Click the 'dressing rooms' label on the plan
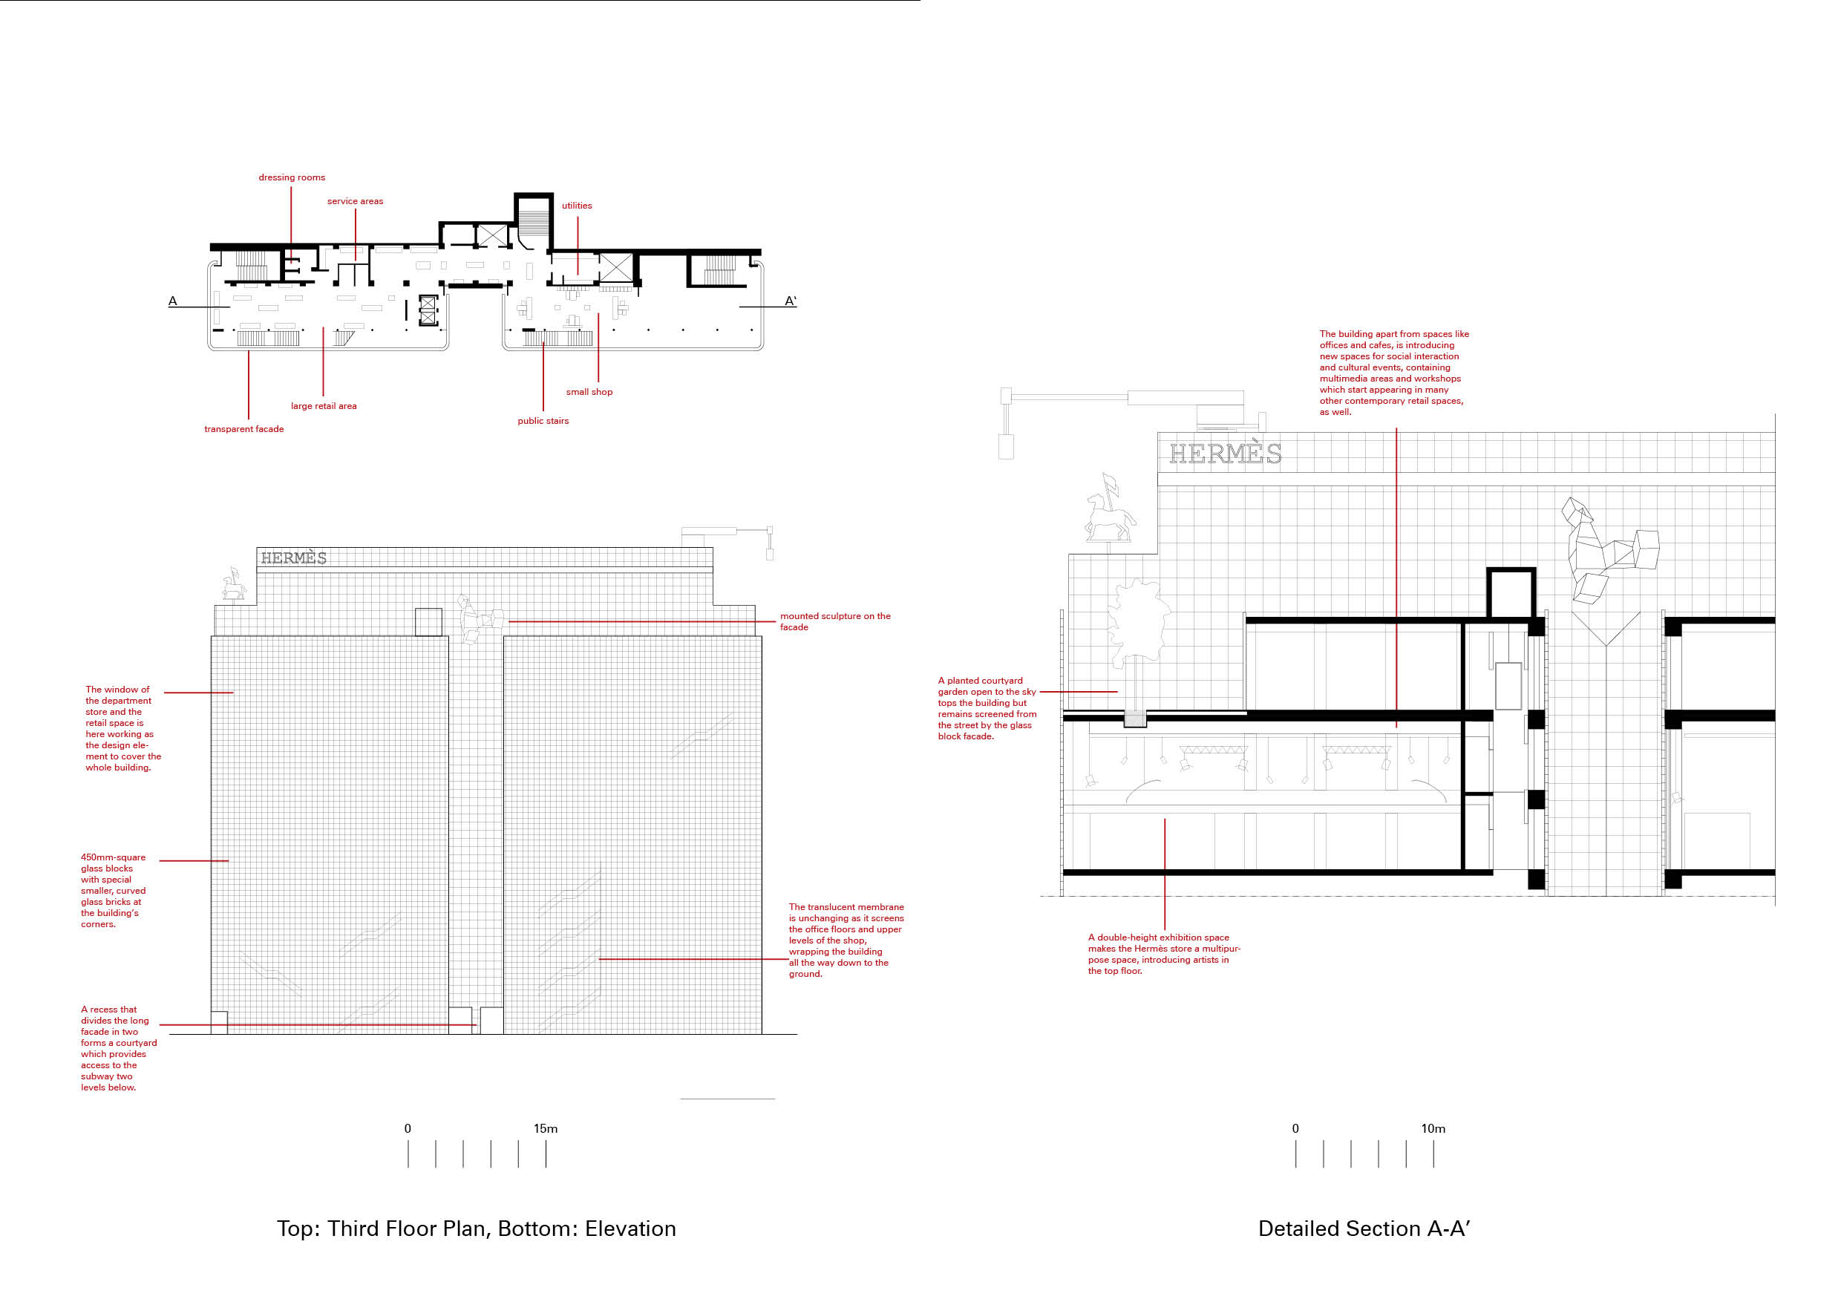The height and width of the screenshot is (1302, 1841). pos(292,177)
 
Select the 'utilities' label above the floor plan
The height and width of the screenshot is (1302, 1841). pos(577,205)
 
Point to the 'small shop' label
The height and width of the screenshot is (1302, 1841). pos(589,392)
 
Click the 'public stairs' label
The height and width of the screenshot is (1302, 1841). pos(543,421)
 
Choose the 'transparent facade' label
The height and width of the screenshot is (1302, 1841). pos(243,429)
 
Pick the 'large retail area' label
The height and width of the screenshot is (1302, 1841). pos(323,406)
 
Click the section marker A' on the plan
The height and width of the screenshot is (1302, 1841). pos(790,301)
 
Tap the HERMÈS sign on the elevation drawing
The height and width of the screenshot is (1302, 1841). pos(293,558)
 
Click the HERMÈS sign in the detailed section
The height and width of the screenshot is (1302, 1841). pos(1224,454)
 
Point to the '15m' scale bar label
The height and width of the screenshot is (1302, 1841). pos(545,1128)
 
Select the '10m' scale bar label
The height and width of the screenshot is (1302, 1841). pos(1433,1128)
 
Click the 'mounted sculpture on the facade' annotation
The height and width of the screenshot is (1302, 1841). pos(834,621)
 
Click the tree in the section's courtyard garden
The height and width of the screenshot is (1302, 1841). pos(1137,621)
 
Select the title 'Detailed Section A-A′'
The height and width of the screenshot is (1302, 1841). pos(1363,1229)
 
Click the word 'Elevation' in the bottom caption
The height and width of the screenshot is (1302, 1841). pos(630,1229)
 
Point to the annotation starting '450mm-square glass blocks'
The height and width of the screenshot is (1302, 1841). pos(113,890)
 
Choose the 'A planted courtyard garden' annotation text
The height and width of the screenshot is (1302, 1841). pos(987,708)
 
